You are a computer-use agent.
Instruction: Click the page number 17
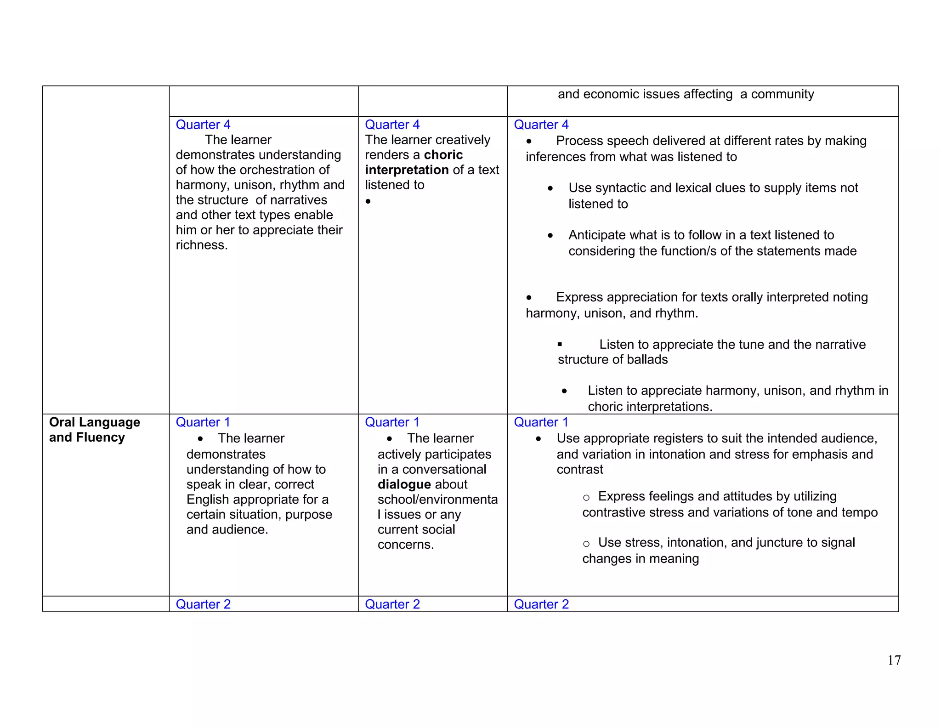coord(894,660)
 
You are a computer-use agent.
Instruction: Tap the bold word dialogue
coord(404,484)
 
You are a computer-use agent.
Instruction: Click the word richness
coord(201,245)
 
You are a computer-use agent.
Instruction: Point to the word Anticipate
coord(599,235)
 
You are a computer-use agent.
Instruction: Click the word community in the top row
coord(782,94)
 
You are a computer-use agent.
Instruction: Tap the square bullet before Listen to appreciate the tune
coord(560,344)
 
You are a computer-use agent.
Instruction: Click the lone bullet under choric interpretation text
coord(368,201)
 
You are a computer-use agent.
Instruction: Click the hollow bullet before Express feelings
coord(586,497)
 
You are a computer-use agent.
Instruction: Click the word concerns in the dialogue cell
coord(405,545)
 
